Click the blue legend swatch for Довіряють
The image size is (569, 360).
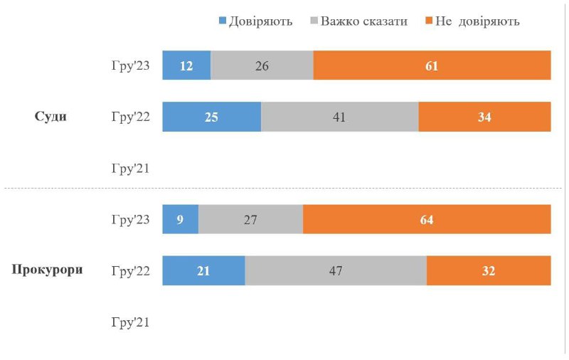pyautogui.click(x=222, y=21)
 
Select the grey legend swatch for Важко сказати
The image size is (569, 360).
pyautogui.click(x=313, y=21)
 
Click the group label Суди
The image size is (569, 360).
pyautogui.click(x=50, y=117)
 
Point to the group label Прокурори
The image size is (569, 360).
pyautogui.click(x=48, y=270)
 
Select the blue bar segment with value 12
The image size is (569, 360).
pyautogui.click(x=186, y=65)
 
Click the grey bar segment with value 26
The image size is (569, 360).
pyautogui.click(x=262, y=65)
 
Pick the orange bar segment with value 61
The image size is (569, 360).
pyautogui.click(x=432, y=65)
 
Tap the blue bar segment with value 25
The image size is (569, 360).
pyautogui.click(x=211, y=117)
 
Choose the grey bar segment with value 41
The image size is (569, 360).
pyautogui.click(x=339, y=117)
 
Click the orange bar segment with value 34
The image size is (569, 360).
pyautogui.click(x=484, y=117)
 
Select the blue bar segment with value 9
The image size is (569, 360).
pyautogui.click(x=180, y=219)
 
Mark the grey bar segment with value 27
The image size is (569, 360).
pyautogui.click(x=250, y=219)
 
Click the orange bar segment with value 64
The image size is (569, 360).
pyautogui.click(x=427, y=219)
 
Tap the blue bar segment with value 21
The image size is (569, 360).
pyautogui.click(x=203, y=270)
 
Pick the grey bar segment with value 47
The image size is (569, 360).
pyautogui.click(x=336, y=270)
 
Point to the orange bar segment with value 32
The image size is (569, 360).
pyautogui.click(x=489, y=270)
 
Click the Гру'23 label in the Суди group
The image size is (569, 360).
pyautogui.click(x=130, y=66)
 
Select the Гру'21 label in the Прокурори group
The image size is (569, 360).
pyautogui.click(x=130, y=322)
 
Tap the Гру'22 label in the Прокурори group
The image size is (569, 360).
pyautogui.click(x=130, y=271)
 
